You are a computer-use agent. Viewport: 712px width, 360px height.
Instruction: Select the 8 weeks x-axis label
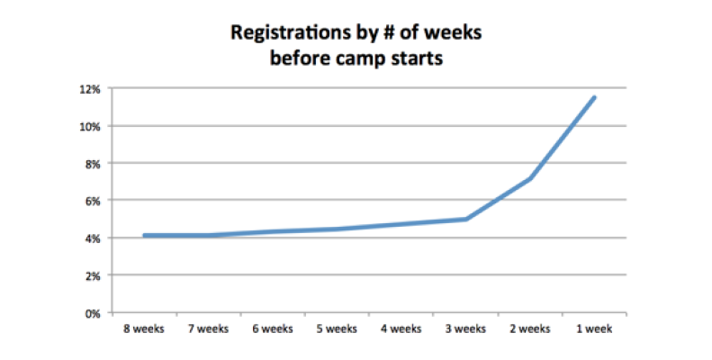[x=143, y=329]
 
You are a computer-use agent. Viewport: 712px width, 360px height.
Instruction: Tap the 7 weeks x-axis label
[x=208, y=329]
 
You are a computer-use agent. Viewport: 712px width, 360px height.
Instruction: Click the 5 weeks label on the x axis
[x=337, y=329]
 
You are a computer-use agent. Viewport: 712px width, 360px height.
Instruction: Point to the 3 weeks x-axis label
[x=465, y=329]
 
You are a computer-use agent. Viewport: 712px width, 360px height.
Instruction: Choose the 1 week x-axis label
[x=594, y=329]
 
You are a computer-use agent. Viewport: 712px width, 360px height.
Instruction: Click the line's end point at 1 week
[x=595, y=97]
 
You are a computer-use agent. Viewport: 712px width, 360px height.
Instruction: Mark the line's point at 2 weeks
[x=530, y=178]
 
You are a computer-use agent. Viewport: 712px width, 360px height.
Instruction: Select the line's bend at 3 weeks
[x=465, y=219]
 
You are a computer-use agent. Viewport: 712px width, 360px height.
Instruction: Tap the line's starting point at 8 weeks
[x=143, y=236]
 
